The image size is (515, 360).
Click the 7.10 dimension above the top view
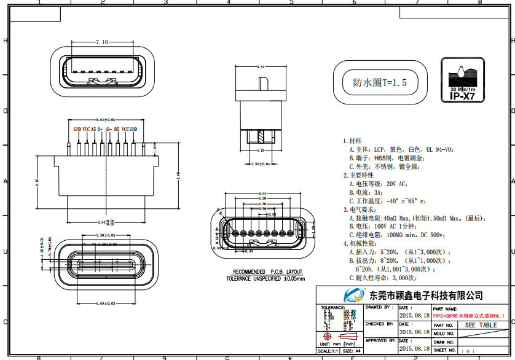coord(102,42)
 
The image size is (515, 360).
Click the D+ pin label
coord(100,129)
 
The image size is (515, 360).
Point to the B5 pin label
coord(117,129)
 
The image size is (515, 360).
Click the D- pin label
coord(108,129)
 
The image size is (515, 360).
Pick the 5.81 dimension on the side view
coord(262,66)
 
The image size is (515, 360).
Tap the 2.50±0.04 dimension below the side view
coord(262,163)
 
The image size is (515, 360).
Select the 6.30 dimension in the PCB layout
coord(262,198)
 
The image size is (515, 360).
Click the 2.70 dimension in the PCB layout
coord(262,209)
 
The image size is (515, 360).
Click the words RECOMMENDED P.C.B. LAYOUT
coord(267,272)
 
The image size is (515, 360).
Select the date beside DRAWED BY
coord(414,315)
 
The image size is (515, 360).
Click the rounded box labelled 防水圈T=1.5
coord(380,82)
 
